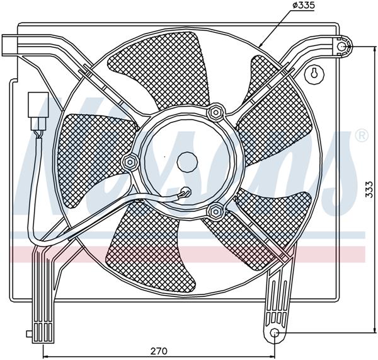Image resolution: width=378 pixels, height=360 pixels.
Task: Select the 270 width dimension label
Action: tap(159, 352)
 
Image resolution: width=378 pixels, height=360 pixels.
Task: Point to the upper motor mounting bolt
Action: tap(215, 113)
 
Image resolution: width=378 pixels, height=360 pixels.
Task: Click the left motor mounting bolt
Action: tap(131, 162)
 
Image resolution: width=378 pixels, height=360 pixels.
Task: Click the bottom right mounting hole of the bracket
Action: tap(275, 333)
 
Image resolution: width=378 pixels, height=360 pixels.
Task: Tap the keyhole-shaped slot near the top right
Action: tap(313, 74)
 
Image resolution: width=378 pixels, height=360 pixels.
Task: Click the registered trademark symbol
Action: tap(361, 135)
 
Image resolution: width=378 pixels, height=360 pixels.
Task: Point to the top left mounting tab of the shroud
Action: tap(12, 44)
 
